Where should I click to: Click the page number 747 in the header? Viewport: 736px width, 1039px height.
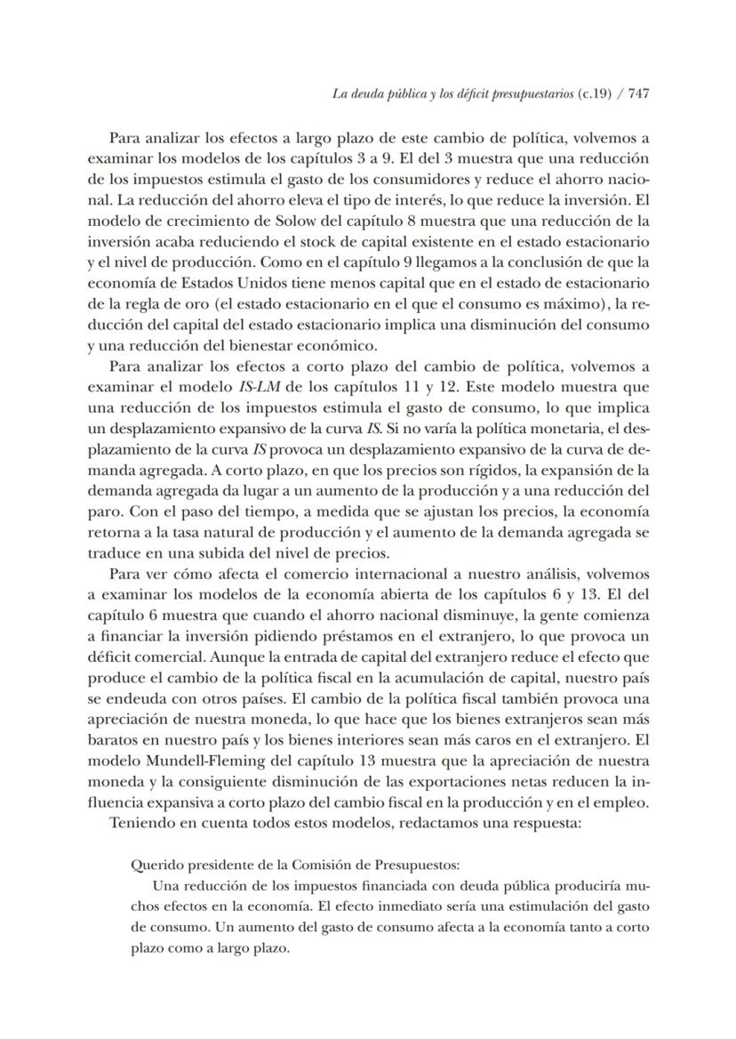coord(637,94)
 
